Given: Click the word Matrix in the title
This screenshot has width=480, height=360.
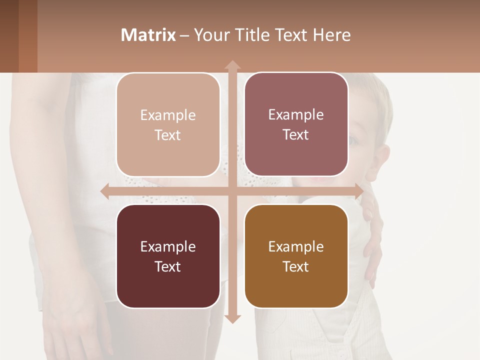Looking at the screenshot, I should coord(148,35).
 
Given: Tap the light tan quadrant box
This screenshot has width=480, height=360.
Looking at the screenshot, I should coord(168,125).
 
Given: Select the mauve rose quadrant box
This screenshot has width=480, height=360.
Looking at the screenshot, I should coord(296,124).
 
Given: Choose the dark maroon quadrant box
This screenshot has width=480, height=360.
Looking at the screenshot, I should coord(168,256).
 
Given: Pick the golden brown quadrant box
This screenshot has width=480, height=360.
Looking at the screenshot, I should coord(296,256).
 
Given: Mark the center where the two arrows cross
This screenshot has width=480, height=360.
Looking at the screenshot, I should coord(232,191).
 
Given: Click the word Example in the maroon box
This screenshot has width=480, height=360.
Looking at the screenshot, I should coord(168,246).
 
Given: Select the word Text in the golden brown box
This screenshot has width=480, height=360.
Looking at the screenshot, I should coord(296,266).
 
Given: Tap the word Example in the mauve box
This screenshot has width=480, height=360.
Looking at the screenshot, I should coord(296,114).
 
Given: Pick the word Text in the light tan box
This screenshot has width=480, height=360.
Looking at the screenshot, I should coord(168,135).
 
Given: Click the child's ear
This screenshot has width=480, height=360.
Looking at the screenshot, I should coord(378,163).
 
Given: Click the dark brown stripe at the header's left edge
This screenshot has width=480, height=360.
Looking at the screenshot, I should coord(9,36).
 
